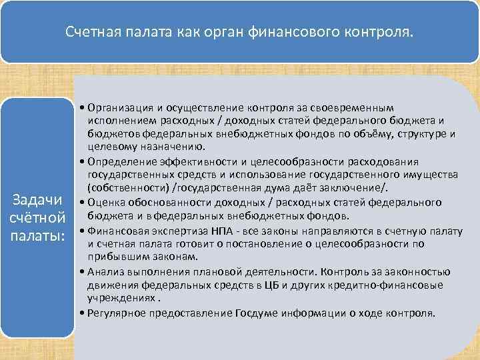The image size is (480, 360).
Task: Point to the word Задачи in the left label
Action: pos(39,200)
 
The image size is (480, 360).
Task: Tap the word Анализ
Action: pos(101,271)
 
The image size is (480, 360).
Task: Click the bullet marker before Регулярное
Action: pos(81,312)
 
